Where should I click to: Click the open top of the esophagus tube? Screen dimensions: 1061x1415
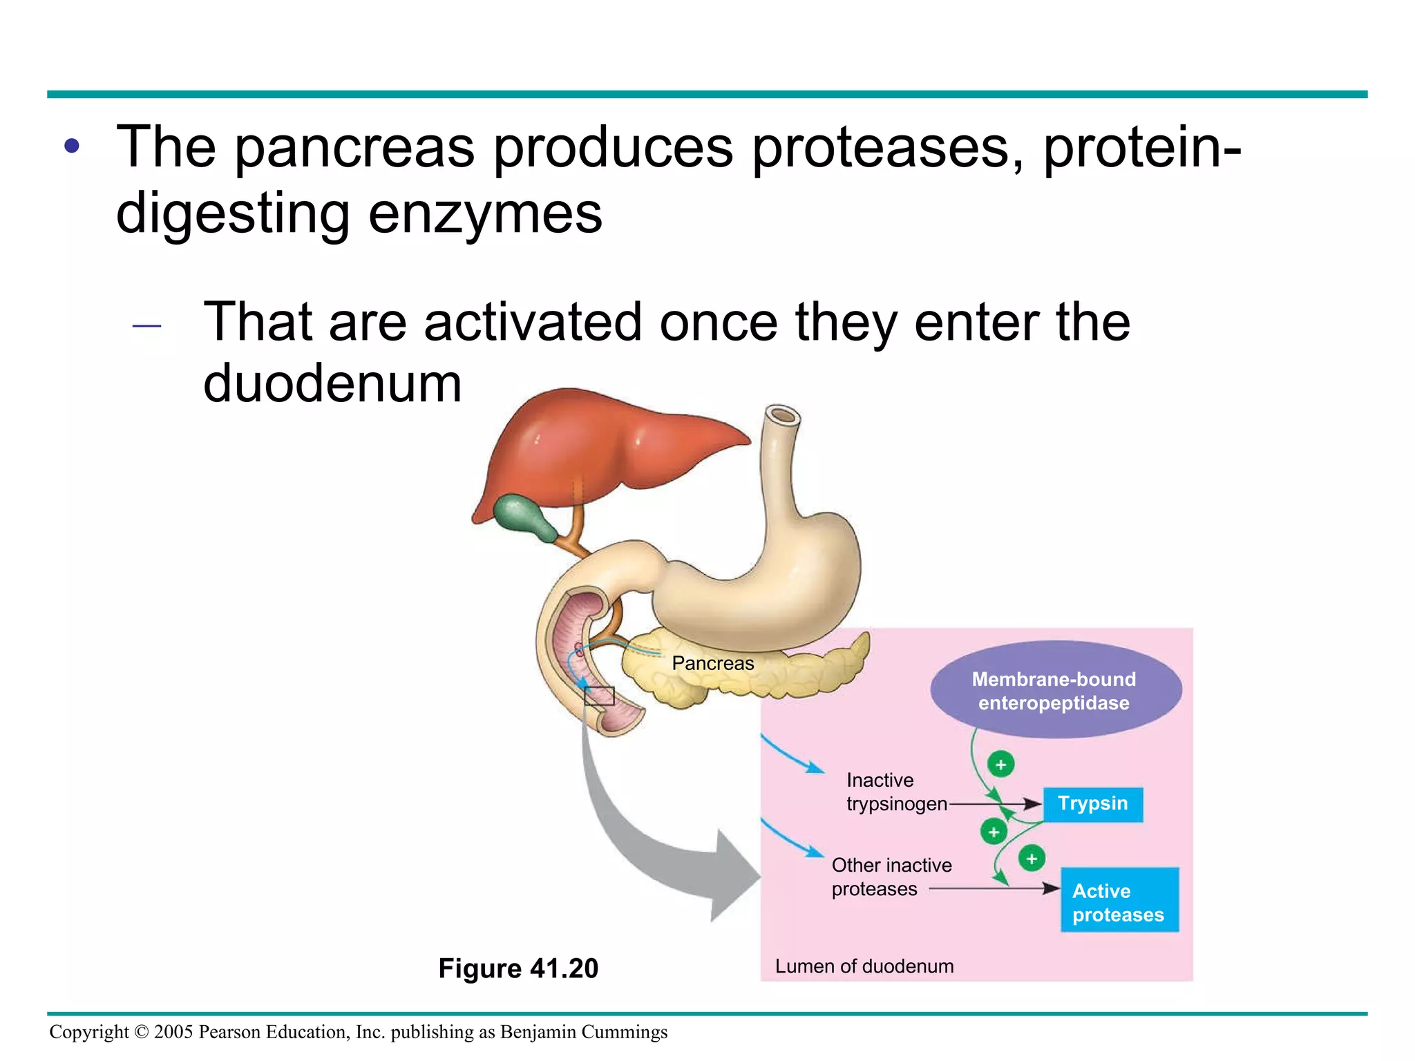click(782, 416)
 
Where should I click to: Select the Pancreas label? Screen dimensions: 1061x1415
click(712, 663)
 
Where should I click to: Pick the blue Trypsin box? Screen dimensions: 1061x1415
click(1092, 804)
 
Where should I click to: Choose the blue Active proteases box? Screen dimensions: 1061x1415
click(1119, 901)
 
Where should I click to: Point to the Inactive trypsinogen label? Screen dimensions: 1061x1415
click(895, 792)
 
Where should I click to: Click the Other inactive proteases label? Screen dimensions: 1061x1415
click(891, 877)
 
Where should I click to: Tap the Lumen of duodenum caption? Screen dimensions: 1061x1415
click(864, 966)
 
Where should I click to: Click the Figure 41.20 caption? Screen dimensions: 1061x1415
click(518, 968)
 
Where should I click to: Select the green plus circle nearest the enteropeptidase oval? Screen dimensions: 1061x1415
click(1000, 765)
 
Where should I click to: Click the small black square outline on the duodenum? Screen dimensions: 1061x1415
click(599, 696)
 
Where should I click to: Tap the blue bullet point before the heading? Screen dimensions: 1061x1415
click(72, 146)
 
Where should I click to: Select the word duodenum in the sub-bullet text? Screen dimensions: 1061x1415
click(332, 384)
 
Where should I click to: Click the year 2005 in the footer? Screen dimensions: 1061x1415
click(173, 1032)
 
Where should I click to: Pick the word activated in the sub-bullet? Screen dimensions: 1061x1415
click(533, 322)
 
